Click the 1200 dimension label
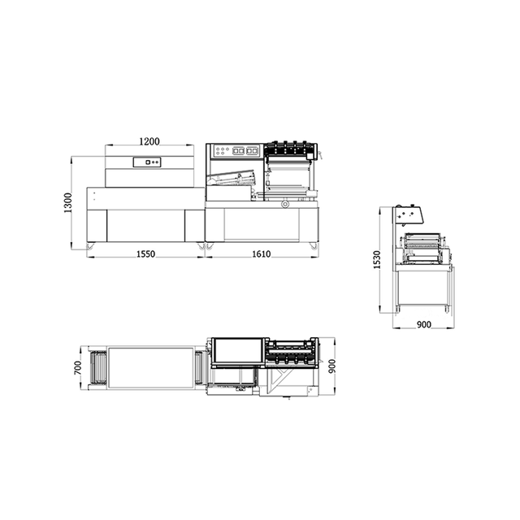tap(149, 141)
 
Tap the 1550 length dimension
tap(145, 254)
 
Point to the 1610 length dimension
tap(261, 254)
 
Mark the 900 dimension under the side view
tap(422, 324)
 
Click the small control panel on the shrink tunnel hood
tap(150, 162)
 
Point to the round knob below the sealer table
tap(284, 205)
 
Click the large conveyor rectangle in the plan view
tap(150, 367)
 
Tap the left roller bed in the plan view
tap(99, 367)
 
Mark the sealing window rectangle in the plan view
tap(238, 352)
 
